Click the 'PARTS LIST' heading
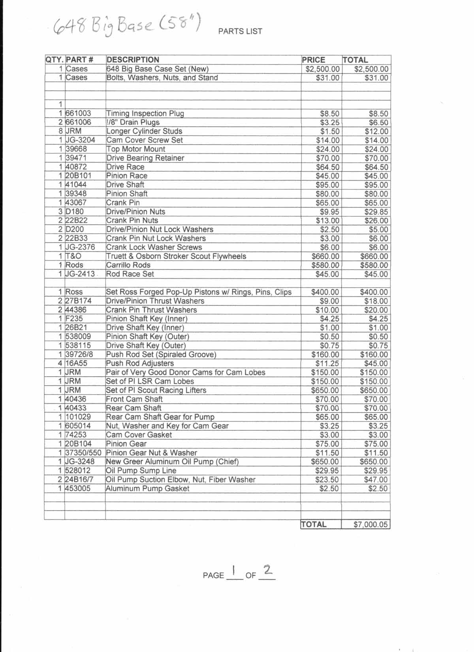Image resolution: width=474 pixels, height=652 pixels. tap(240, 32)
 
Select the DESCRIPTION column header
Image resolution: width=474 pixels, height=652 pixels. tap(133, 60)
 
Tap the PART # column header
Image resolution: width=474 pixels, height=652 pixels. tap(79, 60)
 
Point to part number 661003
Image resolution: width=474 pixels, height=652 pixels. tap(78, 113)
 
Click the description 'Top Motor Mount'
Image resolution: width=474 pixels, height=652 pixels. tap(136, 149)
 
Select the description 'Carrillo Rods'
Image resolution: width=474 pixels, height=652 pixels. tap(128, 265)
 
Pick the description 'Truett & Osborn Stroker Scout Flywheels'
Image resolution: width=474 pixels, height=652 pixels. tap(176, 256)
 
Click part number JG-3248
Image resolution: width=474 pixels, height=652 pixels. tap(80, 462)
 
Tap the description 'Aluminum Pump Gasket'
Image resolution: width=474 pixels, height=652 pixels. tap(148, 488)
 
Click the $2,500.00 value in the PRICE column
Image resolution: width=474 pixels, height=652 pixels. tap(323, 69)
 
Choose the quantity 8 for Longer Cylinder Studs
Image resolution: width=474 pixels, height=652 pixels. tap(60, 131)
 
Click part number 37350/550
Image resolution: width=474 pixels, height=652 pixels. tap(83, 453)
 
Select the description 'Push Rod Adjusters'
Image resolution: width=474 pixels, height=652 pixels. tap(140, 364)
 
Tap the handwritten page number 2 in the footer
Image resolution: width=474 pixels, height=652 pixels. tap(268, 570)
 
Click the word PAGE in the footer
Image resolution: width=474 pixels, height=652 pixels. tap(213, 575)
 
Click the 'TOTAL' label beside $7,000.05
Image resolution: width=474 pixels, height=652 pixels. tap(314, 525)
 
